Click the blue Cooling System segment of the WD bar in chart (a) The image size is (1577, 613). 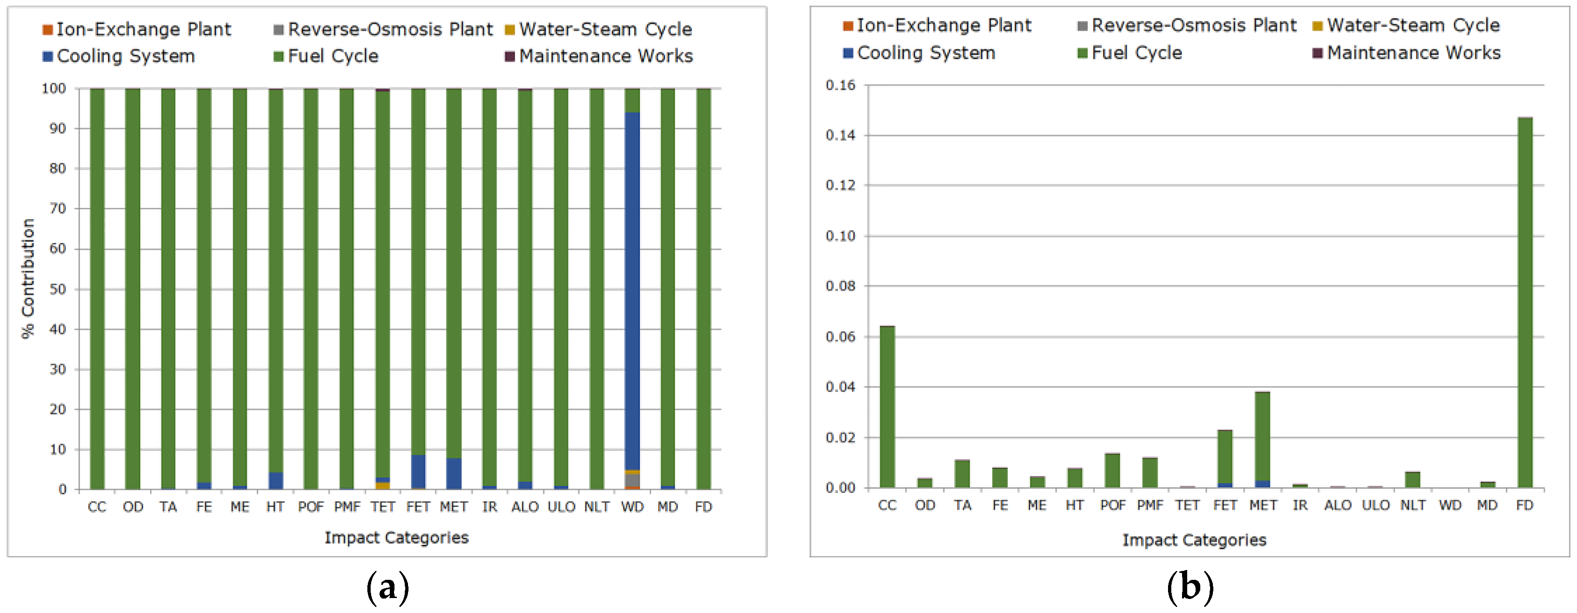click(632, 291)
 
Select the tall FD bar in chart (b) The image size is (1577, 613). click(1524, 303)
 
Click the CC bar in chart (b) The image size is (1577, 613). click(887, 407)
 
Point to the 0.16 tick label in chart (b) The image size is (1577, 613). click(840, 85)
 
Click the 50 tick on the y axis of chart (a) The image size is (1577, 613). click(57, 289)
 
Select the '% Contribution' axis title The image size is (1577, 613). click(28, 278)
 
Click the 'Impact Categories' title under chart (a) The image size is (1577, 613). click(396, 538)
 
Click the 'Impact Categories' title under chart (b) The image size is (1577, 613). click(1194, 540)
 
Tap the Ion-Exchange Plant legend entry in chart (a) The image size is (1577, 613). click(137, 29)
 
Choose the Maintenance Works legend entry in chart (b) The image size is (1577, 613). click(1408, 53)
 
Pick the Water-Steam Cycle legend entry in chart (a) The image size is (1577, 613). click(599, 29)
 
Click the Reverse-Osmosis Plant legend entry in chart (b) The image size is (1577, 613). click(1188, 26)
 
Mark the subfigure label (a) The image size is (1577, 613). click(387, 589)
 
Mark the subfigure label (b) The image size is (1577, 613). click(1190, 589)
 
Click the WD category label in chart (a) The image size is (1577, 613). click(632, 507)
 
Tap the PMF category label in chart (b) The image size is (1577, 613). click(1150, 506)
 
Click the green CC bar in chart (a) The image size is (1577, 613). click(97, 287)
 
